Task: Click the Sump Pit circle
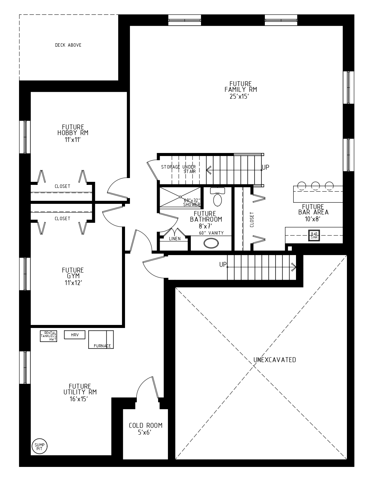coord(39,446)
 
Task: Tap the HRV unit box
coord(74,335)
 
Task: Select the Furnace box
coord(101,339)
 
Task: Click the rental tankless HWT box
coord(49,336)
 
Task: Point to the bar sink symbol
coord(314,236)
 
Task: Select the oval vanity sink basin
coord(211,243)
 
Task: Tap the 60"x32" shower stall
coord(180,197)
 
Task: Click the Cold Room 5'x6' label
coord(145,429)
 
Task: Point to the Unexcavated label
coord(275,360)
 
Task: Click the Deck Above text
coord(68,45)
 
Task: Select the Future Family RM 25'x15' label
coord(241,90)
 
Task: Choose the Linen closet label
coord(175,239)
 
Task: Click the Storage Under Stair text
coord(179,169)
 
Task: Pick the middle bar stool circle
coord(315,186)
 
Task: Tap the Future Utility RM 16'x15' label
coord(80,393)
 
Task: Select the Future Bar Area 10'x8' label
coord(313,213)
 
